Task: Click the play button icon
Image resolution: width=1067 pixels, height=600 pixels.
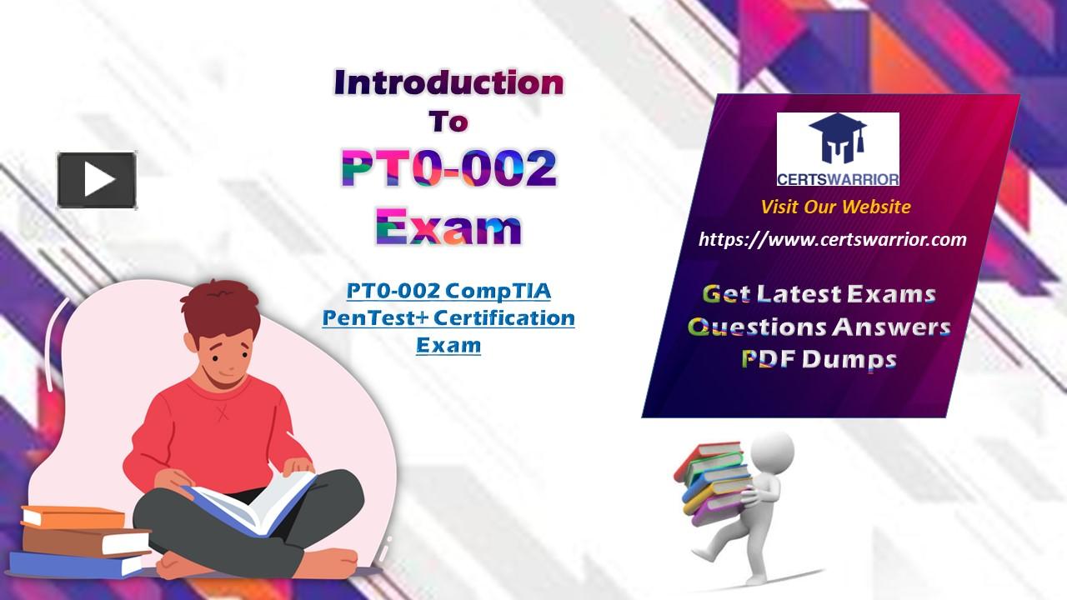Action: point(97,180)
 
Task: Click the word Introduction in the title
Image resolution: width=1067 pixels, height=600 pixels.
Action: point(448,82)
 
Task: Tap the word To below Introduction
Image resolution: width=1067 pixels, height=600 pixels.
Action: point(448,122)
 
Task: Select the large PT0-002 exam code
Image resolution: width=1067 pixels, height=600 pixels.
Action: point(448,168)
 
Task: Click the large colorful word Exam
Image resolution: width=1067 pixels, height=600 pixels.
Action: point(448,227)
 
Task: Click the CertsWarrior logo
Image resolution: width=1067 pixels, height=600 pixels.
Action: point(838,149)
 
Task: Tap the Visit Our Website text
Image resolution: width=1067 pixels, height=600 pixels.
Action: point(835,207)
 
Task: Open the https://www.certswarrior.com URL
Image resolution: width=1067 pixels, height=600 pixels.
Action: point(833,239)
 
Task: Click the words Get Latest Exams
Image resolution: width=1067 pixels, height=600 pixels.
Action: point(819,294)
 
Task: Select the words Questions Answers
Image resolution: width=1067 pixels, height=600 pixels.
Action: point(819,327)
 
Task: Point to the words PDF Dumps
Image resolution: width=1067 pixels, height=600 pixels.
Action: point(819,359)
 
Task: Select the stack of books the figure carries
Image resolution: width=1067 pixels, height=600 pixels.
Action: point(712,483)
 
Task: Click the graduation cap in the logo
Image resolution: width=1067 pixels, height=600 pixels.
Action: point(838,132)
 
